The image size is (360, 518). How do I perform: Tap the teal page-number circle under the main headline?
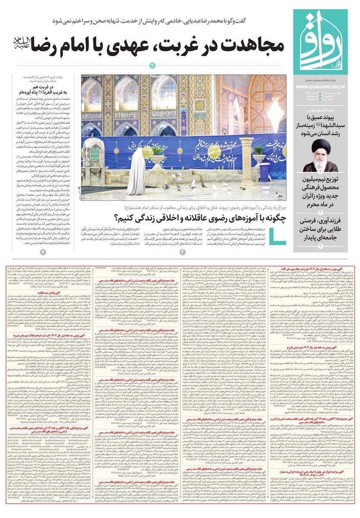coord(152,65)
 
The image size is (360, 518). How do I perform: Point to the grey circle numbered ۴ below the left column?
coord(43,251)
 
